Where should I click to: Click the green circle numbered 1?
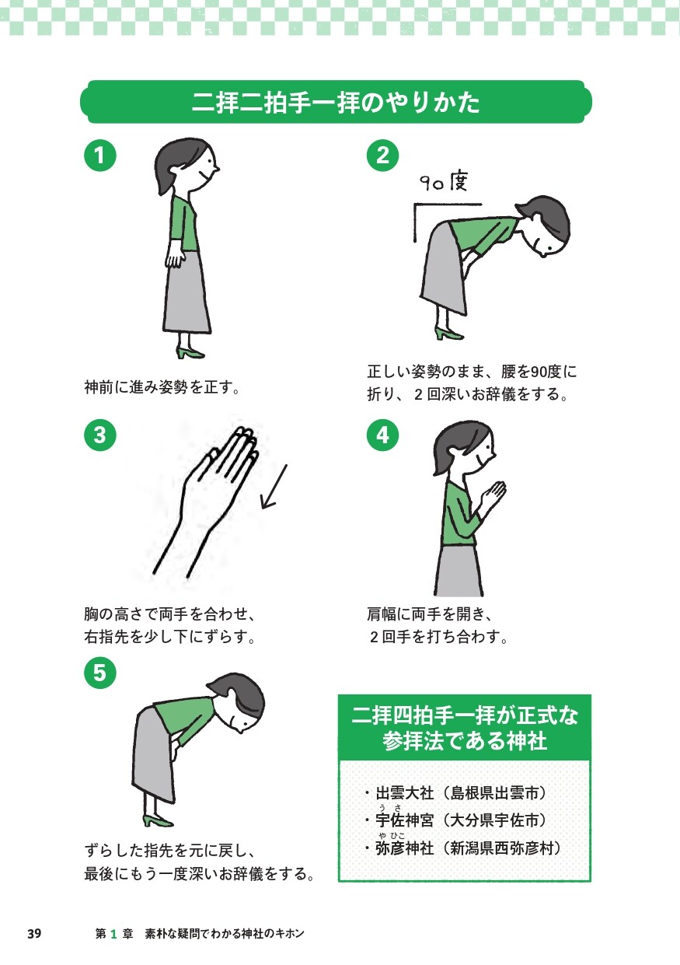100,155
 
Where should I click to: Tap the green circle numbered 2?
382,155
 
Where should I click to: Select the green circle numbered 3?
100,435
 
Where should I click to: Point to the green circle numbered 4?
382,435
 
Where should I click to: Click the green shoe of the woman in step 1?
190,352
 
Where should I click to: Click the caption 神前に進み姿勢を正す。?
161,386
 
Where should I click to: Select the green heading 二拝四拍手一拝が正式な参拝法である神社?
465,728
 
